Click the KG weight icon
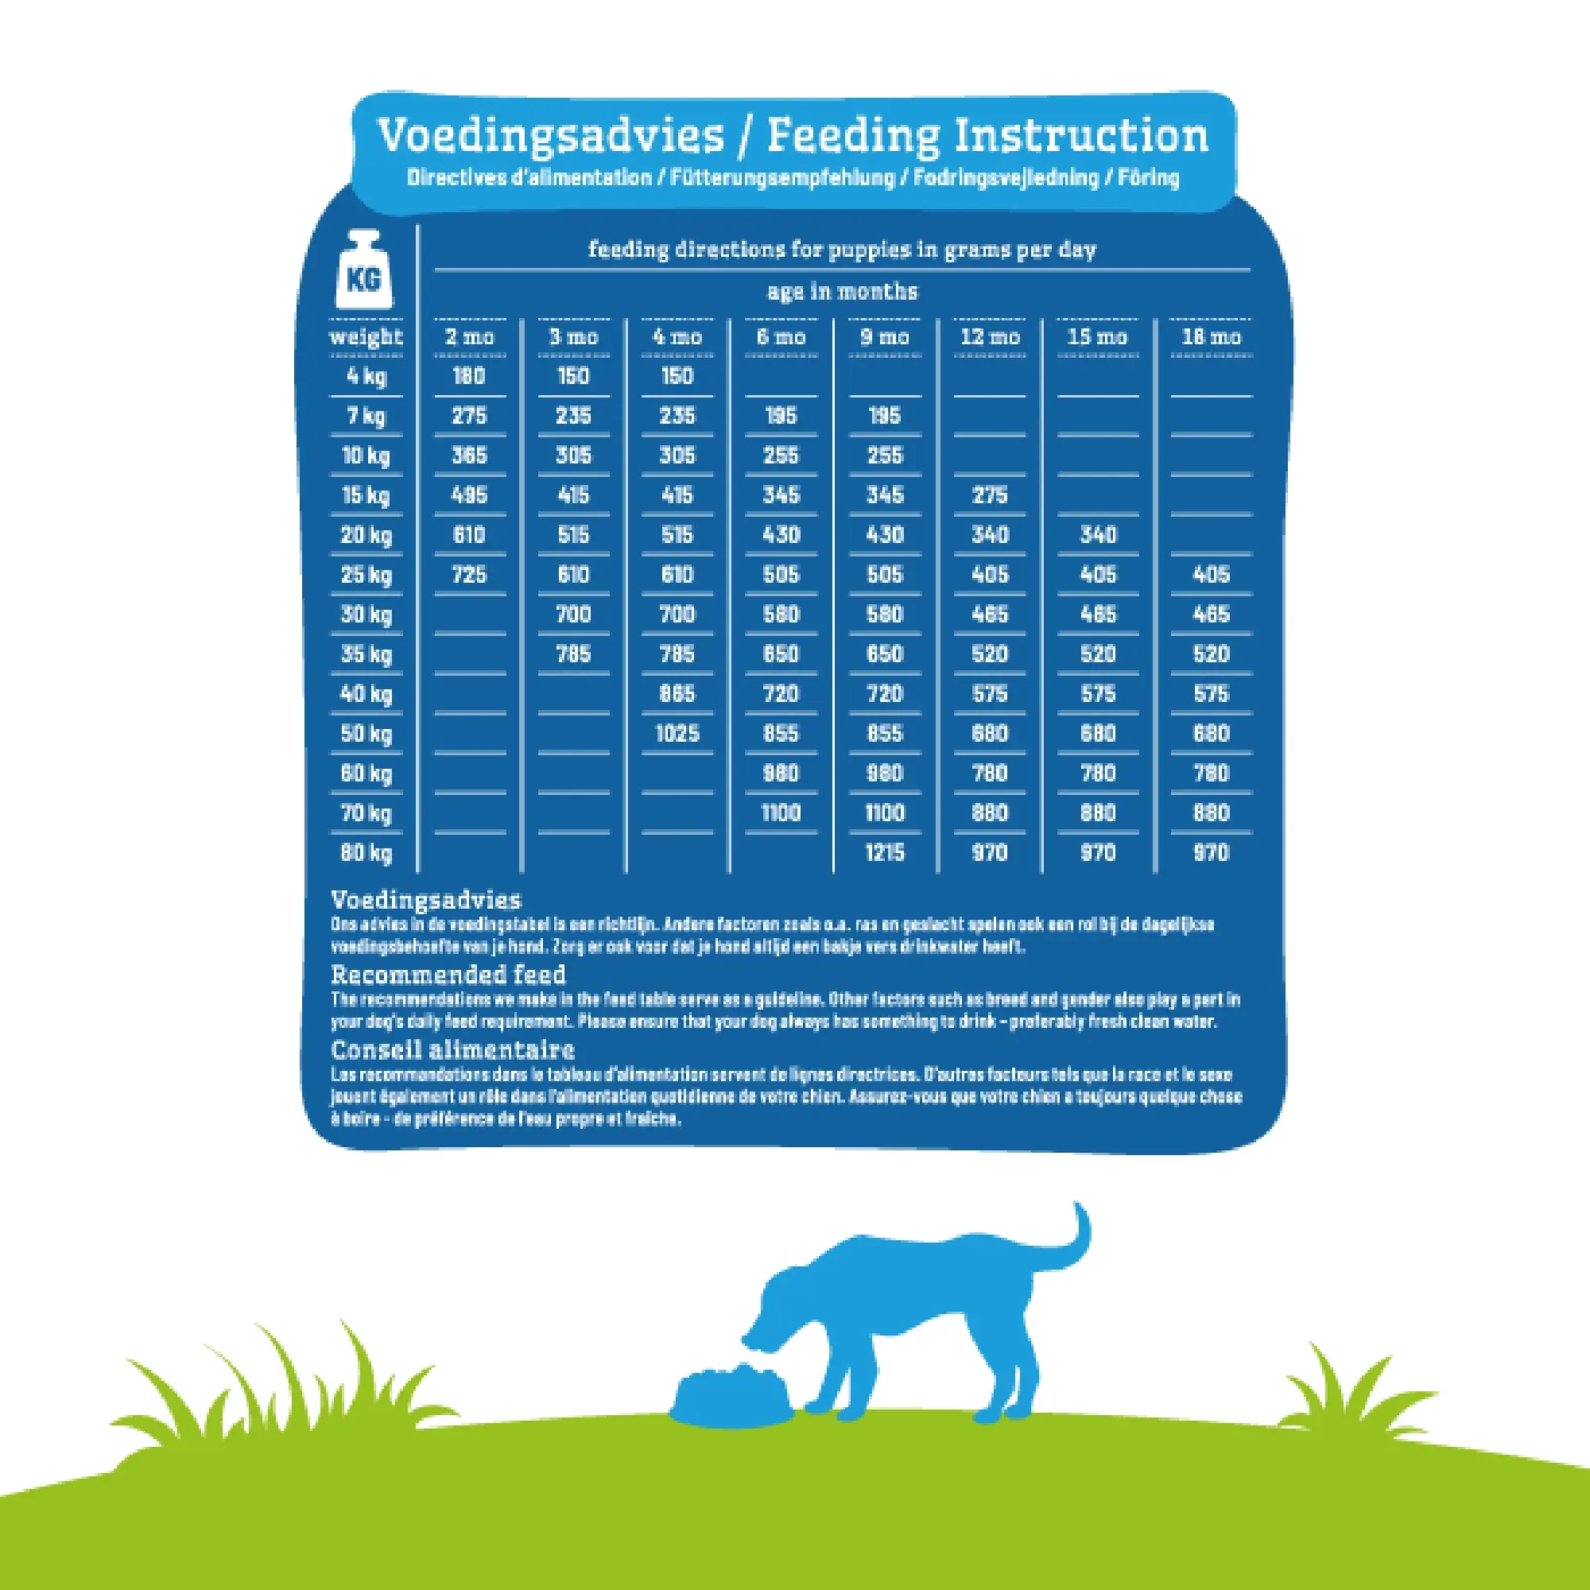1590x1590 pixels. click(365, 271)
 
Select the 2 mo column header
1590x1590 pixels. click(469, 336)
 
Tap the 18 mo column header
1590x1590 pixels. click(1211, 336)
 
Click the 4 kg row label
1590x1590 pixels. click(366, 376)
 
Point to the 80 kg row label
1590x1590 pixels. click(366, 852)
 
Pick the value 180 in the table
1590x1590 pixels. click(469, 376)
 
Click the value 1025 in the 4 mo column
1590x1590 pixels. click(677, 733)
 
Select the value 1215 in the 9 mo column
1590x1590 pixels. click(885, 852)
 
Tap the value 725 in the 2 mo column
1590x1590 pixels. click(469, 575)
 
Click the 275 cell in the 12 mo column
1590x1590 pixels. click(989, 495)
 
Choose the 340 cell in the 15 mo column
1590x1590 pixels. click(1098, 535)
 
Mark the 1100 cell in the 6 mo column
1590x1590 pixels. click(781, 813)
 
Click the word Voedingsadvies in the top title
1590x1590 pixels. click(551, 136)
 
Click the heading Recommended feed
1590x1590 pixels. click(448, 975)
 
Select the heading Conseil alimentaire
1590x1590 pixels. click(452, 1050)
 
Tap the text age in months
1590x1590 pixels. click(842, 291)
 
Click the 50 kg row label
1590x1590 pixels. click(366, 733)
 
